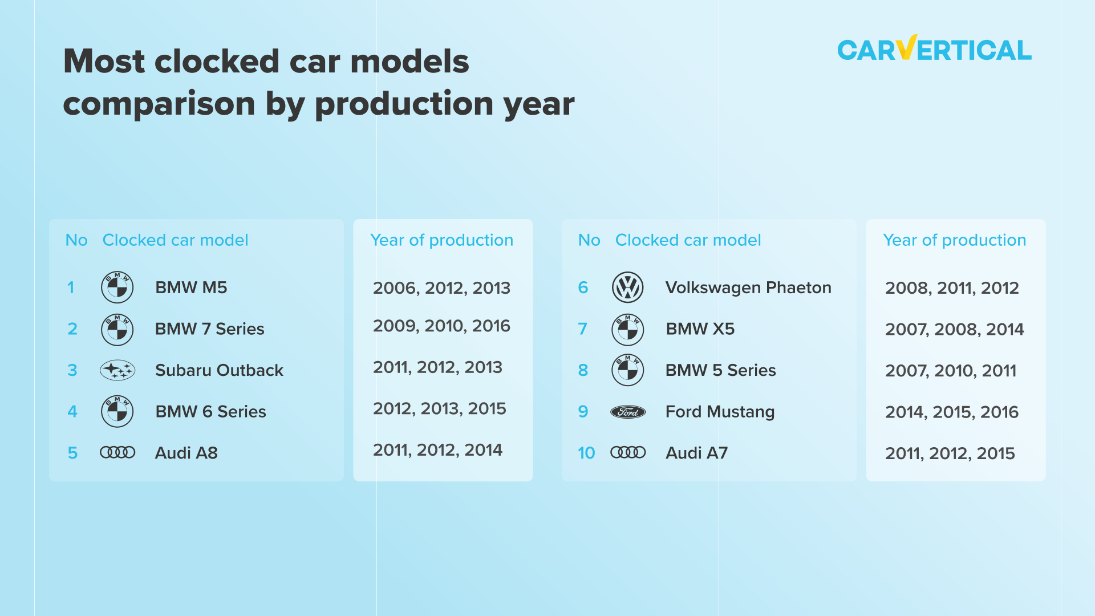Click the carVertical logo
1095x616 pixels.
pos(934,50)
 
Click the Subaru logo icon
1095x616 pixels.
pos(117,370)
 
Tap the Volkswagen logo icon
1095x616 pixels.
pos(627,287)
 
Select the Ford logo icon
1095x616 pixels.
pos(627,412)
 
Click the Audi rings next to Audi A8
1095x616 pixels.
pos(117,453)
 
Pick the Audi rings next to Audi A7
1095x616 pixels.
pos(627,453)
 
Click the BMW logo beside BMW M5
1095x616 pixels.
pos(117,287)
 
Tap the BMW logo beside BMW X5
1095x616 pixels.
pos(627,329)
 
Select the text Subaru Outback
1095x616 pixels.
pos(219,370)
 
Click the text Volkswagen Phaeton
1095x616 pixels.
pos(748,287)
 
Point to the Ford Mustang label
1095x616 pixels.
pos(720,412)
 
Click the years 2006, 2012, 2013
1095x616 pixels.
pos(441,288)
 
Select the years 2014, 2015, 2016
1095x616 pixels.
pos(951,412)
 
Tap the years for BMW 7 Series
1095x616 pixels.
pos(441,326)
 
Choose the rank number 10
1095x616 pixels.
pos(586,453)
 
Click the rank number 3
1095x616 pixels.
pos(72,370)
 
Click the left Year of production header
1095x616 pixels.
pos(441,240)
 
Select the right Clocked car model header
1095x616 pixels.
pos(688,240)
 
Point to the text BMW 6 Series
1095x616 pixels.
pos(210,412)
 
